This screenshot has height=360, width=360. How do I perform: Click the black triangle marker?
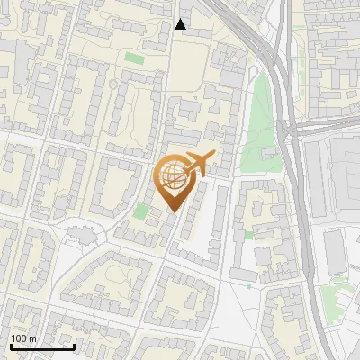pos(181,24)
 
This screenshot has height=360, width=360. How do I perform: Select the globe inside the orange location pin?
pos(172,176)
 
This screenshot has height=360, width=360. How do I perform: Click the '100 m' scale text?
pos(23,338)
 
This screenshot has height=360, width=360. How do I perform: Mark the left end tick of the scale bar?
pos(10,345)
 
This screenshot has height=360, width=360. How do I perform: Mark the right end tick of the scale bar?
pos(74,345)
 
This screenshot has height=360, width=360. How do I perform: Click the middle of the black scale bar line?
pos(41,346)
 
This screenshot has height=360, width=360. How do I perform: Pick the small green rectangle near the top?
pos(134,58)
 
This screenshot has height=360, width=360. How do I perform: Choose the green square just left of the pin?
pos(141,211)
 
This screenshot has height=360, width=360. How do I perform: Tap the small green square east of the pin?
pos(248,235)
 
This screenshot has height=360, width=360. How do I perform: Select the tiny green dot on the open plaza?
pos(248,286)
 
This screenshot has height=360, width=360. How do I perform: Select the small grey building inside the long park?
pos(269,155)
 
